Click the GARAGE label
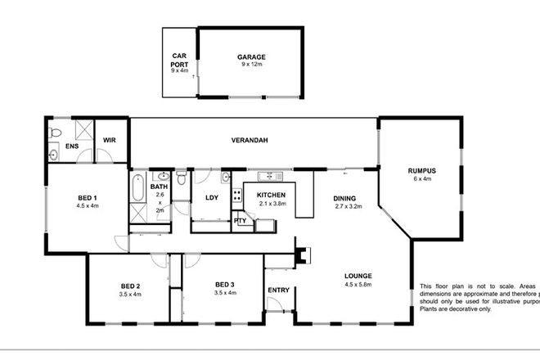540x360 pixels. [x=251, y=57]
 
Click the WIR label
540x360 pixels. [x=109, y=140]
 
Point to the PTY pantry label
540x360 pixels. [x=240, y=221]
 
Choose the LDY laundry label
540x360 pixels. [x=211, y=197]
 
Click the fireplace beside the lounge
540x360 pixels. [x=303, y=256]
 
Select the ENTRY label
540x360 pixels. [x=278, y=290]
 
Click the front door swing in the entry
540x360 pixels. [x=277, y=307]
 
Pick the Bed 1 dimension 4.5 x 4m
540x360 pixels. [x=88, y=206]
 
